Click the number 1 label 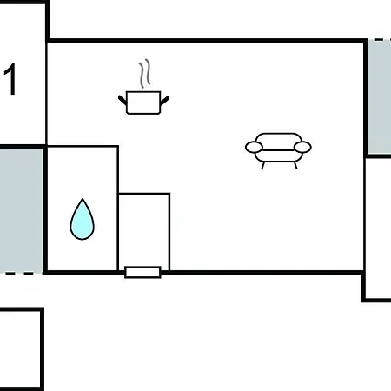pyautogui.click(x=10, y=79)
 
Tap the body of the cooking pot pyautogui.click(x=143, y=103)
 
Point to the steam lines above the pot pyautogui.click(x=144, y=74)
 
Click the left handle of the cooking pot pyautogui.click(x=123, y=100)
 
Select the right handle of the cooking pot pyautogui.click(x=165, y=101)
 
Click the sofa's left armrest pyautogui.click(x=254, y=147)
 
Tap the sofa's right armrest pyautogui.click(x=302, y=147)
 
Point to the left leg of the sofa pyautogui.click(x=263, y=166)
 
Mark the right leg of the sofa pyautogui.click(x=295, y=166)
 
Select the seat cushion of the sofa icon pyautogui.click(x=278, y=156)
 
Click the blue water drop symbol pyautogui.click(x=83, y=219)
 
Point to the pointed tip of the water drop pyautogui.click(x=83, y=199)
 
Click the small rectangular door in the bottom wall pyautogui.click(x=142, y=273)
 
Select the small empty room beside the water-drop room pyautogui.click(x=144, y=232)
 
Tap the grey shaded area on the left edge pyautogui.click(x=22, y=210)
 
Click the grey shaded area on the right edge pyautogui.click(x=380, y=97)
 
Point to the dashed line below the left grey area pyautogui.click(x=21, y=273)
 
